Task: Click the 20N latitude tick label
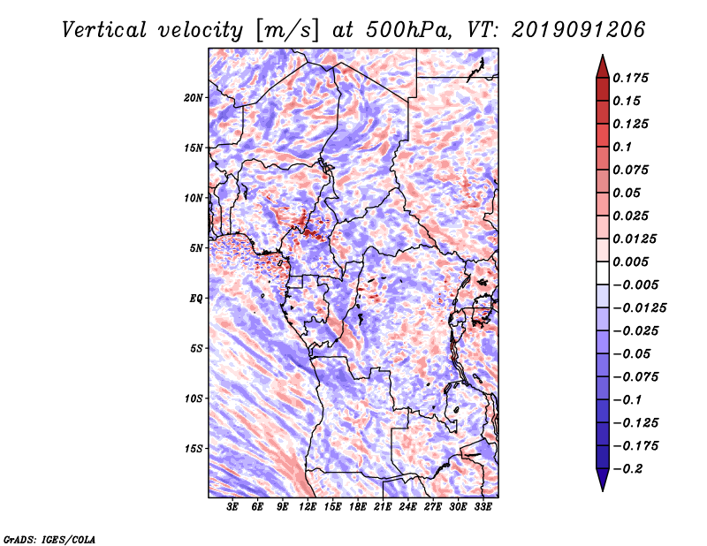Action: click(x=194, y=97)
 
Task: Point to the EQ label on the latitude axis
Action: click(x=195, y=299)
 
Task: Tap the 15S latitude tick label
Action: click(x=194, y=449)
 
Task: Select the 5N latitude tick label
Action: click(x=195, y=248)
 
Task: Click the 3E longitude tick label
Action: click(x=233, y=507)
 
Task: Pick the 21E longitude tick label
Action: click(x=383, y=507)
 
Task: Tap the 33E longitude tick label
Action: click(x=483, y=507)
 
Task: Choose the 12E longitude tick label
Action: click(x=308, y=507)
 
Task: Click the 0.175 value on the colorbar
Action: click(x=633, y=78)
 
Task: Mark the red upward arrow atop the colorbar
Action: click(x=602, y=64)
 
